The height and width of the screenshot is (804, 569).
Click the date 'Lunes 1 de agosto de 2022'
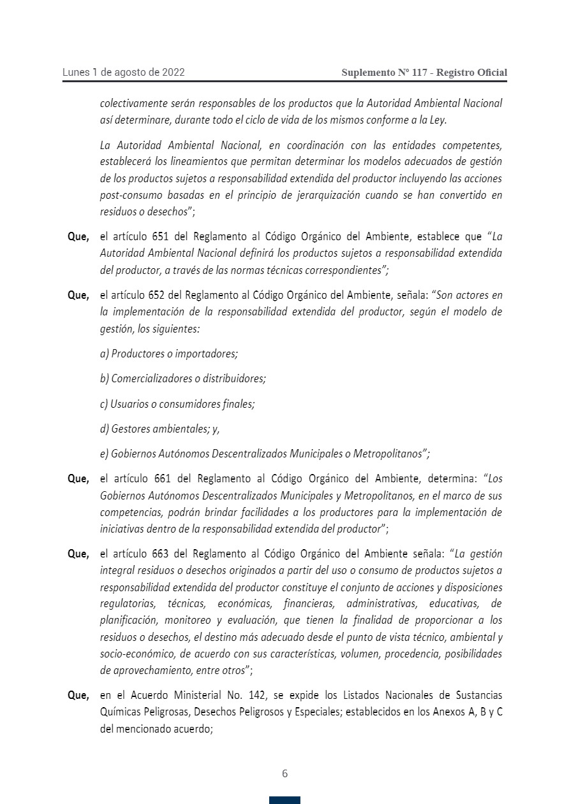tap(123, 72)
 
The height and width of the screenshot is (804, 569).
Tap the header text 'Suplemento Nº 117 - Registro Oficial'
tap(424, 73)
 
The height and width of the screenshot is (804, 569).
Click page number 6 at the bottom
tap(284, 773)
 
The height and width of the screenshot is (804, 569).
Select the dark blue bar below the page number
tap(284, 800)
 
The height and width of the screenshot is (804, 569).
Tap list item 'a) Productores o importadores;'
tap(168, 354)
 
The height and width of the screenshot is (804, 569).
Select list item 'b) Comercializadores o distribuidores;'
tap(182, 378)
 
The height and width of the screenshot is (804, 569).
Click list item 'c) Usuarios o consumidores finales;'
tap(177, 404)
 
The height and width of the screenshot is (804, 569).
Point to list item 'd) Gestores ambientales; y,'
tap(159, 429)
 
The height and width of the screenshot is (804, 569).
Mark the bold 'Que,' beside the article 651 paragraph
tap(78, 237)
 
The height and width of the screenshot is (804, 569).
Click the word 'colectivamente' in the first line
tap(133, 103)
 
